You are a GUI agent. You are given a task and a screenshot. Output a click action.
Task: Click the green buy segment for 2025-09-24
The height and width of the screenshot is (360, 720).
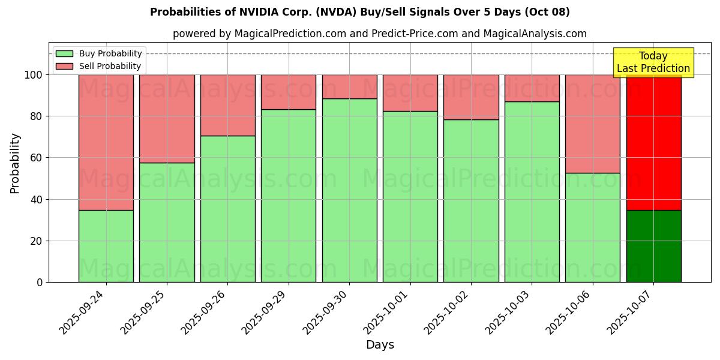pyautogui.click(x=106, y=246)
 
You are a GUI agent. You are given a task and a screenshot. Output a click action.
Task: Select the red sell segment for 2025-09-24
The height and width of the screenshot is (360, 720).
pyautogui.click(x=106, y=142)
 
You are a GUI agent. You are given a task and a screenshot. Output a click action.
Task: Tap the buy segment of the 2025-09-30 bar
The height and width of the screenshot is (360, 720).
pyautogui.click(x=349, y=190)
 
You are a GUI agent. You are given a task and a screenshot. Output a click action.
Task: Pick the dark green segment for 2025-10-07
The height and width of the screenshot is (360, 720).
pyautogui.click(x=653, y=246)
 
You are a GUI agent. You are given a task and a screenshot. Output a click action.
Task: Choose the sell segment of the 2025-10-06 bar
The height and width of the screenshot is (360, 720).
pyautogui.click(x=593, y=124)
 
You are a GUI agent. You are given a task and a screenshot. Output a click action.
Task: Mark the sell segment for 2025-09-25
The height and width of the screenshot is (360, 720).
pyautogui.click(x=167, y=118)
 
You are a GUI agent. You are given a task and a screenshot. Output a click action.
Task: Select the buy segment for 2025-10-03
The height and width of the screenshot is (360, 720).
pyautogui.click(x=532, y=191)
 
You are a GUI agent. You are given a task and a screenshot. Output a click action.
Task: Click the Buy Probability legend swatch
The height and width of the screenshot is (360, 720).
pyautogui.click(x=64, y=54)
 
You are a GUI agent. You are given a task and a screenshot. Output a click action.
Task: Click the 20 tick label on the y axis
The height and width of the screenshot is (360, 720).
pyautogui.click(x=37, y=241)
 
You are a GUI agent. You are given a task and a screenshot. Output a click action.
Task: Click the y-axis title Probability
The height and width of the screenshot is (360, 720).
pyautogui.click(x=15, y=163)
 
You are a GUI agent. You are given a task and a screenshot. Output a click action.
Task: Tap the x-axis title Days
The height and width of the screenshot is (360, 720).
pyautogui.click(x=380, y=345)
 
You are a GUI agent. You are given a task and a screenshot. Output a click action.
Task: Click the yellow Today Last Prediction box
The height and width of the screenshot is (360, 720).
pyautogui.click(x=653, y=62)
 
